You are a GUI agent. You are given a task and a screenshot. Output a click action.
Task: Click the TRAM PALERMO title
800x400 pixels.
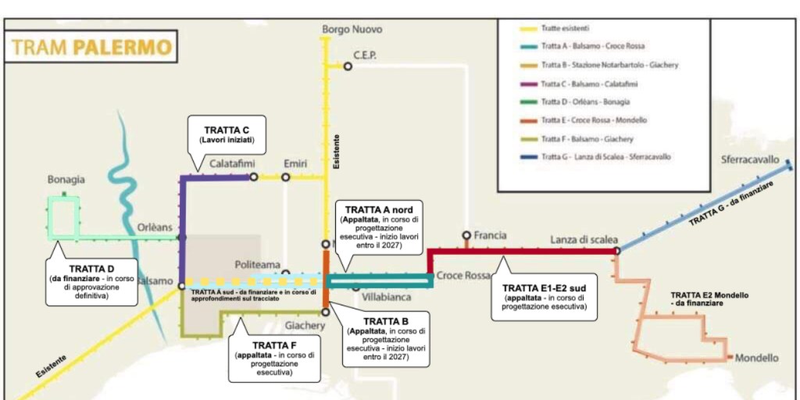click(x=91, y=47)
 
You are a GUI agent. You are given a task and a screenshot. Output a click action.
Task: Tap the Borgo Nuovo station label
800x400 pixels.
click(x=352, y=30)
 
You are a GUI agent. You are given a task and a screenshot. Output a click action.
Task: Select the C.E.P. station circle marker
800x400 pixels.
click(x=348, y=66)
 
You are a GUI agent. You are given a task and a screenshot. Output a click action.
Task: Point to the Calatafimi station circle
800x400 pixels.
click(x=253, y=177)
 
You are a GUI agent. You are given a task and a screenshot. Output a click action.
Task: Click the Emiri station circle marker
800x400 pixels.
click(x=286, y=177)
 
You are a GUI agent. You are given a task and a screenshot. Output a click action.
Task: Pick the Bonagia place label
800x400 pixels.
click(x=66, y=180)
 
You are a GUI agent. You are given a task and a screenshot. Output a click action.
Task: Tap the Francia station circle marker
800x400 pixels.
click(x=466, y=235)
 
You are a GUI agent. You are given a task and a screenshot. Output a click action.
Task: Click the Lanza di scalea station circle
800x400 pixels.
click(x=617, y=251)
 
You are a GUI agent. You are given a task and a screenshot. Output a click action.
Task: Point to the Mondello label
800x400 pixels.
click(x=756, y=358)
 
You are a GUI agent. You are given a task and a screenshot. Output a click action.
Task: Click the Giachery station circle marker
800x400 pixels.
click(x=325, y=312)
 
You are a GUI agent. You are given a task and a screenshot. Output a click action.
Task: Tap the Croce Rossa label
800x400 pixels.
click(x=462, y=276)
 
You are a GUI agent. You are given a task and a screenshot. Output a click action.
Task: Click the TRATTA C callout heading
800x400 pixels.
click(x=227, y=130)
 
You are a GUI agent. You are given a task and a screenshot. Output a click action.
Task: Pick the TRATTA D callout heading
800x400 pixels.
click(x=92, y=269)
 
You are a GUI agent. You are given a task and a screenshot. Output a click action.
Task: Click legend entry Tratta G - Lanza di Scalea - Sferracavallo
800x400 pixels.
click(x=606, y=157)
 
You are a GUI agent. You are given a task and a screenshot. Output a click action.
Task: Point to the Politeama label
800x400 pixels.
click(x=258, y=265)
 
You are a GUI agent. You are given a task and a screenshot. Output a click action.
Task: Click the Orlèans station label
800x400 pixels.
click(x=155, y=227)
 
